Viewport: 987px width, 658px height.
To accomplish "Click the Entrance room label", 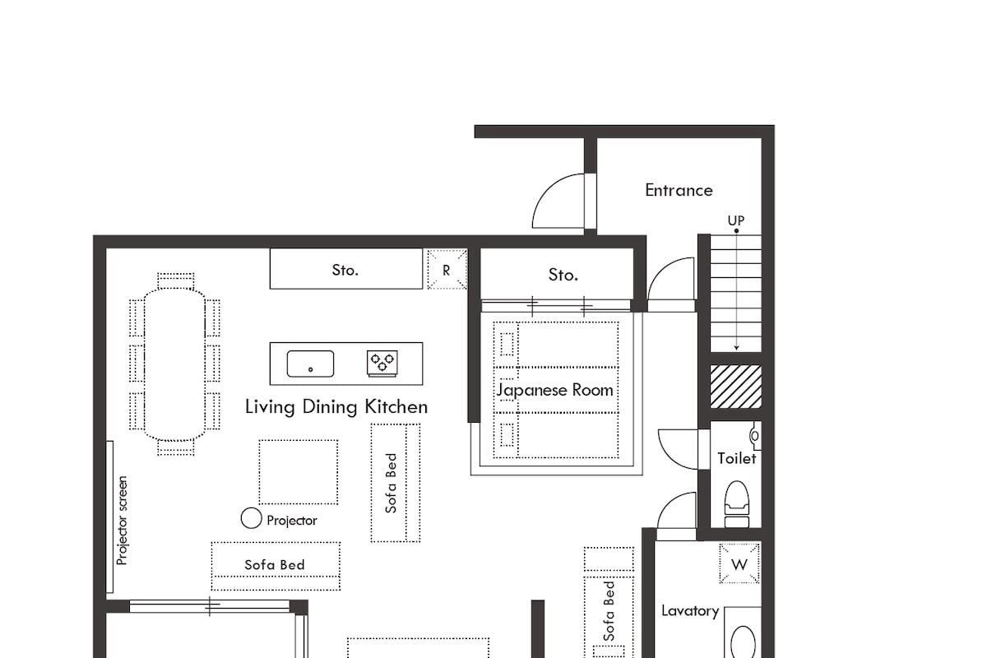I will point(679,190).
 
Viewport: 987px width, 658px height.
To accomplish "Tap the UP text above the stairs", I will point(735,220).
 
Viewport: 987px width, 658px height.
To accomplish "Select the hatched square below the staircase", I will point(735,387).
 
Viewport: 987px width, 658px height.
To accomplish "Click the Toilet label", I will point(736,458).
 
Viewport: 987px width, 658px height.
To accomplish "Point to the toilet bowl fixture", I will point(736,502).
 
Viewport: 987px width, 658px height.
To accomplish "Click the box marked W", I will point(739,564).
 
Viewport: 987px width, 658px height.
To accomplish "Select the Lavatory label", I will point(690,610).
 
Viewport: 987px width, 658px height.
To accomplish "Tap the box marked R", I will point(447,270).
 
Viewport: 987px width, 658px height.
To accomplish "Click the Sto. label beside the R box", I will point(345,270).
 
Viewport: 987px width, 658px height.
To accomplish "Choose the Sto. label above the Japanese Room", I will point(563,275).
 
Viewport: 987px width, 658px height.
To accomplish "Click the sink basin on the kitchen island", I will point(310,364).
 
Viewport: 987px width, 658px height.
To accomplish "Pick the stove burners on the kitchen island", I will point(382,362).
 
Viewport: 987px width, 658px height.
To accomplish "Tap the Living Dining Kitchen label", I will point(336,406).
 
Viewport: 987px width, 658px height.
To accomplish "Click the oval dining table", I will point(175,364).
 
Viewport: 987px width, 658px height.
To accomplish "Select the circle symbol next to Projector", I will point(251,518).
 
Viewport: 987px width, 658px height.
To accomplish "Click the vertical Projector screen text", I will point(122,520).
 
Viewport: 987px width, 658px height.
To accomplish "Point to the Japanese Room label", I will point(555,390).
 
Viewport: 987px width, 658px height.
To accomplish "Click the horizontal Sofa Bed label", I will point(275,564).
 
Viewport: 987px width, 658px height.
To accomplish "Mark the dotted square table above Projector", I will point(298,472).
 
